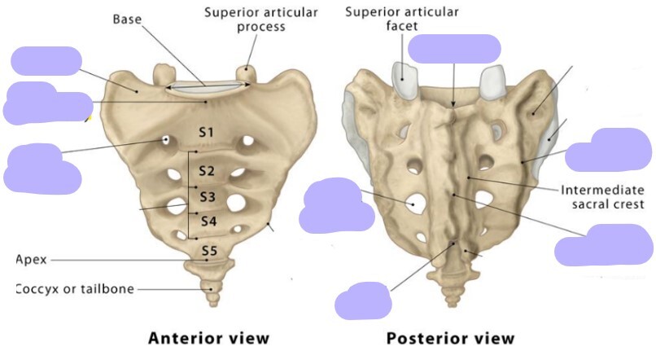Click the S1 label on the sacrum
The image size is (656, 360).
pyautogui.click(x=206, y=132)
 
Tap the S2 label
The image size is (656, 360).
pyautogui.click(x=206, y=171)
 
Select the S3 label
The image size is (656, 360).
pyautogui.click(x=208, y=196)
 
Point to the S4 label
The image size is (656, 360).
pyautogui.click(x=208, y=222)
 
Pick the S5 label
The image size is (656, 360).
pyautogui.click(x=209, y=251)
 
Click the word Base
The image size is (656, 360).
pyautogui.click(x=128, y=19)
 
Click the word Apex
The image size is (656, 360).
pyautogui.click(x=31, y=260)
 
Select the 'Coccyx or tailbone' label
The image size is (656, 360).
pyautogui.click(x=75, y=289)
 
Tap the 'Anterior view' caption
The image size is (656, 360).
pyautogui.click(x=208, y=338)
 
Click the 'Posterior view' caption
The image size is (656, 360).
pyautogui.click(x=450, y=338)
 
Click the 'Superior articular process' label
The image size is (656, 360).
pyautogui.click(x=260, y=20)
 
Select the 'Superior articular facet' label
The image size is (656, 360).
pyautogui.click(x=401, y=19)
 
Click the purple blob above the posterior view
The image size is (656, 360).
pyautogui.click(x=453, y=49)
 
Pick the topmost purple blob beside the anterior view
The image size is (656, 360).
pyautogui.click(x=46, y=61)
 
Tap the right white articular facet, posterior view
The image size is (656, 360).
pyautogui.click(x=495, y=82)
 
